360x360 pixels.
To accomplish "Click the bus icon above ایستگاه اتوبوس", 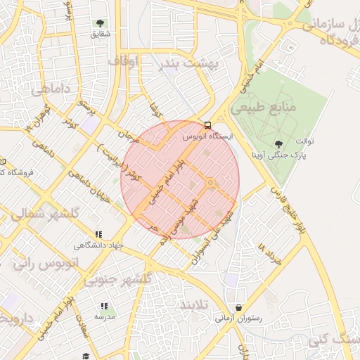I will click(207, 125).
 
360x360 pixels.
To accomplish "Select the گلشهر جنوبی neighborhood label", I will click(118, 279).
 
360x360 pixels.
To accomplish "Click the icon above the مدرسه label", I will click(105, 306).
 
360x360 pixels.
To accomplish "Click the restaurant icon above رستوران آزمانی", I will click(240, 308).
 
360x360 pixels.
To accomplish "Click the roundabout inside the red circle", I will click(210, 184).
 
